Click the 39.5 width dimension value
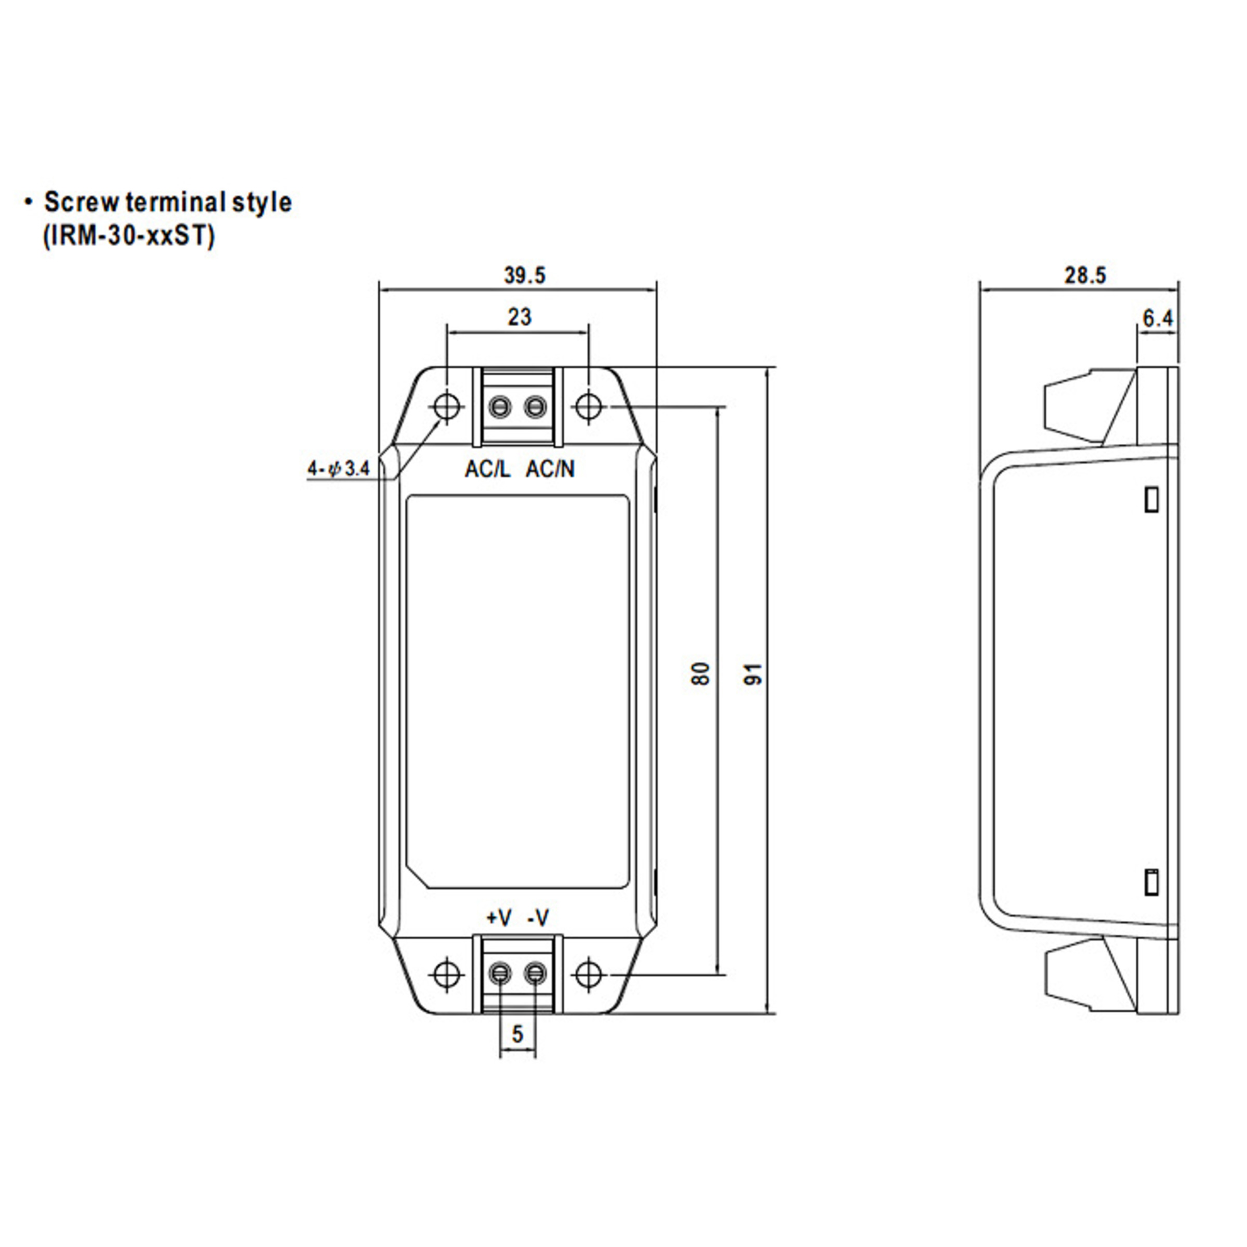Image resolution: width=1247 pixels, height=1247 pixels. pyautogui.click(x=524, y=275)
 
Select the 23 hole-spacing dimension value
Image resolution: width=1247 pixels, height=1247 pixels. pyautogui.click(x=519, y=317)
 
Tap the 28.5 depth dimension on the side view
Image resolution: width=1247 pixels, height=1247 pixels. pyautogui.click(x=1084, y=275)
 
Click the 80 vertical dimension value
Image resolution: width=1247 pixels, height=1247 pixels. pyautogui.click(x=702, y=673)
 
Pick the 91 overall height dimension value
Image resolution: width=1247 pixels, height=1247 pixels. pyautogui.click(x=754, y=673)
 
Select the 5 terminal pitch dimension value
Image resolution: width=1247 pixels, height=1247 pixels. pyautogui.click(x=517, y=1034)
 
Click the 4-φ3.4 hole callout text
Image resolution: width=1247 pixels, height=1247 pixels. pyautogui.click(x=338, y=469)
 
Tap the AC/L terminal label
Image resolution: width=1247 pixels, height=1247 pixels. pyautogui.click(x=487, y=469)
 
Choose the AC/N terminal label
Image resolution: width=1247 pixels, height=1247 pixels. pyautogui.click(x=550, y=469)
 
